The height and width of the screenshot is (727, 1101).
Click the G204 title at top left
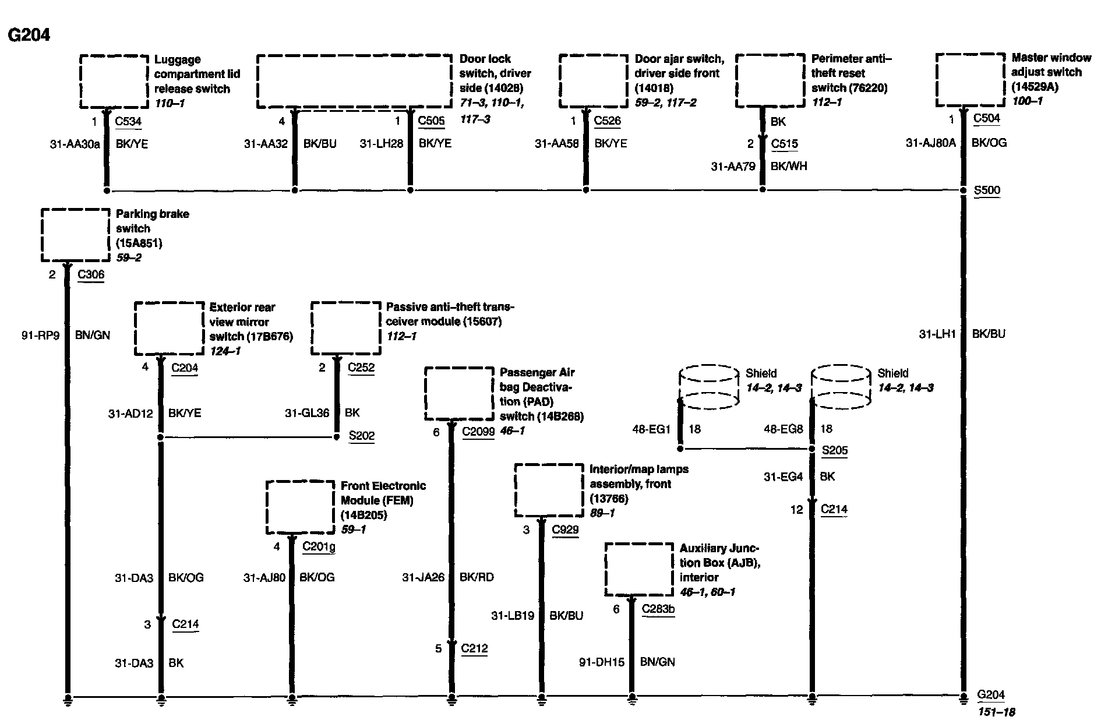(29, 35)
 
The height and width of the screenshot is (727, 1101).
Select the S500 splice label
(986, 190)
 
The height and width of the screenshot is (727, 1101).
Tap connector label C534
(128, 121)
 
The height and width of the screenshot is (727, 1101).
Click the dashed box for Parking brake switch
(75, 235)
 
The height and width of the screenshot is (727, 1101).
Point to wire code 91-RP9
(40, 335)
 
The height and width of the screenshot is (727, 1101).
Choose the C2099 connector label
(478, 432)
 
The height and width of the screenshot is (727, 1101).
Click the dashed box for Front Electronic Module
(301, 507)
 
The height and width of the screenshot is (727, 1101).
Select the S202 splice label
(361, 436)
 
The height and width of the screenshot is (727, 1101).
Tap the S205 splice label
(834, 450)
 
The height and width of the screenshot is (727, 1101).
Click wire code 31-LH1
(937, 334)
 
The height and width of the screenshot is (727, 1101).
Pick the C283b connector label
(658, 609)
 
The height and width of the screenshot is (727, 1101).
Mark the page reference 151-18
(996, 712)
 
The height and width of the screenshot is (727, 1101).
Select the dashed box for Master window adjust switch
(971, 80)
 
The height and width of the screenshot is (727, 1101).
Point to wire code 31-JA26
(422, 577)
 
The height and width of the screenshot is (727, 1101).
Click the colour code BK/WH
(788, 166)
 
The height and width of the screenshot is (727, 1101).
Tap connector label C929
(564, 530)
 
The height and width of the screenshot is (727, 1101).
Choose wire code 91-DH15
(601, 662)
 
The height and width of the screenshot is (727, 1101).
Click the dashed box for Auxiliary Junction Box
(639, 569)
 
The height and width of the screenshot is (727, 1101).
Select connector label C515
(784, 144)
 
